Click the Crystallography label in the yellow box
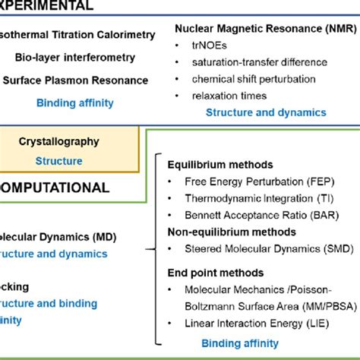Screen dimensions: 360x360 tap(69, 141)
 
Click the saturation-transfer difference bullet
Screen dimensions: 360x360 tap(253, 62)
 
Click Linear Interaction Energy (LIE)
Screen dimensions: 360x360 tap(258, 323)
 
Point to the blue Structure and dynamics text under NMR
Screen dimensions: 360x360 tap(266, 112)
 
